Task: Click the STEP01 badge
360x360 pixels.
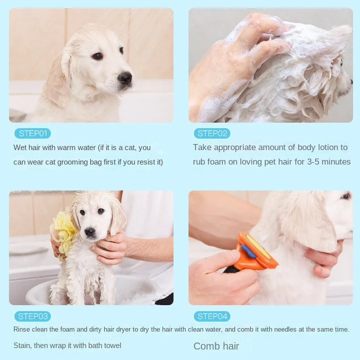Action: (x=32, y=134)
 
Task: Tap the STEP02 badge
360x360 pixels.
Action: (x=212, y=134)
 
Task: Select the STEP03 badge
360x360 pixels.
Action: (x=32, y=317)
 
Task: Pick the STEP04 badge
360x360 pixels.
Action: (x=212, y=317)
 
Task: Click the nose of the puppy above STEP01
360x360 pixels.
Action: (x=125, y=78)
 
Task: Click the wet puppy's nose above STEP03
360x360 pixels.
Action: (x=90, y=232)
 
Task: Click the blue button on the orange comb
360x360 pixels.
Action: (x=249, y=251)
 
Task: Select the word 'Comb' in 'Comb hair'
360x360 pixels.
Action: (x=205, y=346)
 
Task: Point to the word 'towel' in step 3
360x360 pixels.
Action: (x=113, y=346)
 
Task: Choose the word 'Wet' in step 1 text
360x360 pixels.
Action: (x=20, y=148)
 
